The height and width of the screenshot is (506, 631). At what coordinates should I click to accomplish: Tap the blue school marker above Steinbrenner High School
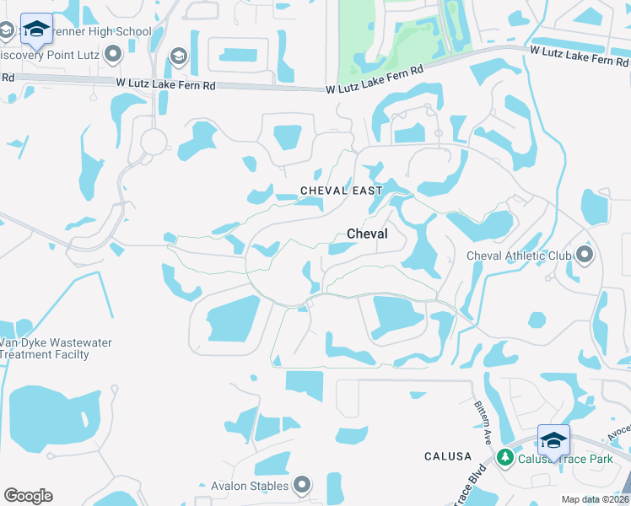coord(36,28)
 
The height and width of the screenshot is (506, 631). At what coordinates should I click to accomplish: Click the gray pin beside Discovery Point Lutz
coord(112,56)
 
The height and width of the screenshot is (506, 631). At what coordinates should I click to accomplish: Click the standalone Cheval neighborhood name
coord(367,234)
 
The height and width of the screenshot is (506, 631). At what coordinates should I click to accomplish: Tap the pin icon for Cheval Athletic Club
coord(584,255)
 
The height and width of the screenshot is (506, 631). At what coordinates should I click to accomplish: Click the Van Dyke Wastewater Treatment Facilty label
coord(54,348)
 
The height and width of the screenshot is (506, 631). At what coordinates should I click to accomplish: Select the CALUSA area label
coord(448,456)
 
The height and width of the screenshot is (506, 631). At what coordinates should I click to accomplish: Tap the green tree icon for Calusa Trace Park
coord(505,457)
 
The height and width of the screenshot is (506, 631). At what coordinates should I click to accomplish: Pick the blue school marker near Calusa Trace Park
coord(553,440)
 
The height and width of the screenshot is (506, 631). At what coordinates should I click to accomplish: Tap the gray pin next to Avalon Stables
coord(301,485)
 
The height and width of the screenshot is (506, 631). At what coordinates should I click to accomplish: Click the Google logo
coord(29,496)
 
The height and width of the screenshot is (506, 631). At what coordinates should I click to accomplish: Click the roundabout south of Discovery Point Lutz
coord(154,141)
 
